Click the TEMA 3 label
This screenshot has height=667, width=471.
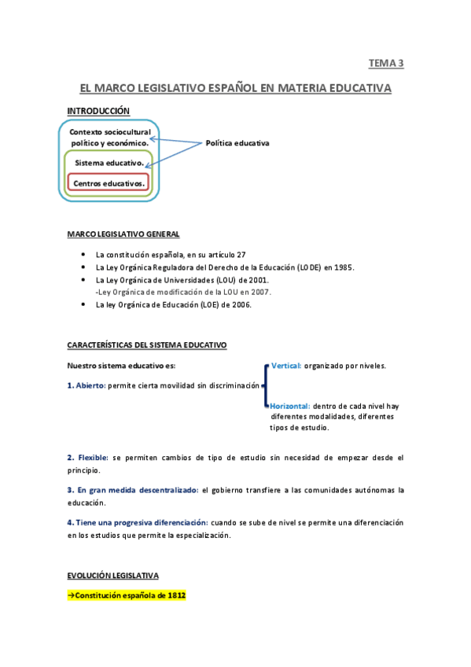point(385,63)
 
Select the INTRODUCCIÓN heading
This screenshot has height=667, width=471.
point(98,111)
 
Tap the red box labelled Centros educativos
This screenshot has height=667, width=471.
point(109,182)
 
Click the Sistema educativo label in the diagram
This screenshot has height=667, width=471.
point(109,163)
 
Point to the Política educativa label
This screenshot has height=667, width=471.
point(237,143)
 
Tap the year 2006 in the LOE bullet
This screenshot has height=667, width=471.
point(241,304)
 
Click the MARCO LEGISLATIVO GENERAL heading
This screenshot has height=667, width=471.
point(123,234)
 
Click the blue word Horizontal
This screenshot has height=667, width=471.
point(290,406)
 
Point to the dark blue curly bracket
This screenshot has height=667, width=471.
point(266,385)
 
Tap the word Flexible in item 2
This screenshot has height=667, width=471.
point(93,457)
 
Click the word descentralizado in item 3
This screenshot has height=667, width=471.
point(169,489)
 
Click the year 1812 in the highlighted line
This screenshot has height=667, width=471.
point(176,595)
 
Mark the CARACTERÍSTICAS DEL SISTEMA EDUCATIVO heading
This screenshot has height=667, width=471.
point(147,345)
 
